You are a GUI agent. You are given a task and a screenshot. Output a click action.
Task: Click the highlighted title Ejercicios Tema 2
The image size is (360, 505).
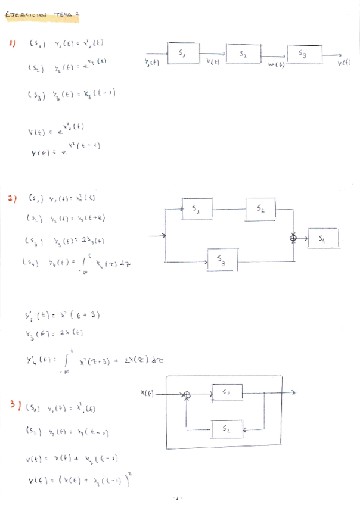(42, 15)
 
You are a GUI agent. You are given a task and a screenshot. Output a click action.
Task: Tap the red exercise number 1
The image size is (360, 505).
(13, 43)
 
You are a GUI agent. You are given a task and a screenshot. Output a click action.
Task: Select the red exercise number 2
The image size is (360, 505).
(13, 199)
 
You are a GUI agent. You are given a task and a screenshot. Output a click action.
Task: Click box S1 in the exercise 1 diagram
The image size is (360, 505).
(182, 53)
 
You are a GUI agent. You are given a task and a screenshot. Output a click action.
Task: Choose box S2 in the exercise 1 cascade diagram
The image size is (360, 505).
(243, 54)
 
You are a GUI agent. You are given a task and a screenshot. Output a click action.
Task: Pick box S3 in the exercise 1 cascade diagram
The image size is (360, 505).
(303, 55)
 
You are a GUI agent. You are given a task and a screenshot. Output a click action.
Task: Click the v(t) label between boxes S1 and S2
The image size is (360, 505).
(213, 62)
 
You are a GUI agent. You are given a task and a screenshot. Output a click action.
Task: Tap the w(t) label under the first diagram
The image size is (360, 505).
(275, 64)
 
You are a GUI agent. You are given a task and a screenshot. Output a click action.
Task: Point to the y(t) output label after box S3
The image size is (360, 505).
(344, 63)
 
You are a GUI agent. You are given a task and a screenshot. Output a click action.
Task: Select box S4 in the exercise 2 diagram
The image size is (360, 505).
(323, 239)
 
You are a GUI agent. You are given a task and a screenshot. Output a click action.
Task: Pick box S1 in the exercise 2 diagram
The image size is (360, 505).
(198, 209)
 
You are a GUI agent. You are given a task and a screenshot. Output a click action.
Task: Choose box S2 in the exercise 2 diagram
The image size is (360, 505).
(261, 209)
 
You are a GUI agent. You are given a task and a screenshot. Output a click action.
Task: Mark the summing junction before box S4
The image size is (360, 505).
(293, 238)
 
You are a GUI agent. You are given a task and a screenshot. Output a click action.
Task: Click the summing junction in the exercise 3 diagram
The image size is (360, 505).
(187, 394)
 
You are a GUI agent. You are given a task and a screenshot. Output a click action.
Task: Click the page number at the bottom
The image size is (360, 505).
(177, 497)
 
